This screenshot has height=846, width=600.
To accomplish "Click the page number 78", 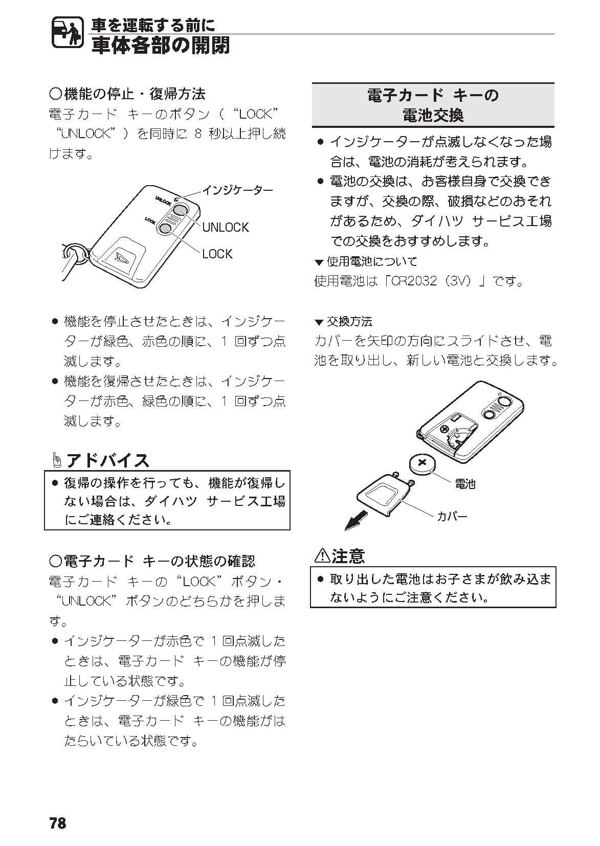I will coord(58,823).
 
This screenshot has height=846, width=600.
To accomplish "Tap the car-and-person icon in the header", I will coord(67,34).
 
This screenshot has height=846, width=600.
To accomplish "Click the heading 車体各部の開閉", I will coord(160,46).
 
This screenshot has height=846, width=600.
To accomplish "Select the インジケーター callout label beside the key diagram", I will coord(237,190).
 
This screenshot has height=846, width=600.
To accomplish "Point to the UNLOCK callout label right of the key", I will coord(225,227).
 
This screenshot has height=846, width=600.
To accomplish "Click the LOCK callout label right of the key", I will coord(217,254).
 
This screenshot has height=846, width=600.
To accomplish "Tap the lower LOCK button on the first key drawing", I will coord(165,229).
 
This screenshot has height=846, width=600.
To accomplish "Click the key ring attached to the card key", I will coord(75,252).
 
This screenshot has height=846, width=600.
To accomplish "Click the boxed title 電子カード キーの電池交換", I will coord(433,105).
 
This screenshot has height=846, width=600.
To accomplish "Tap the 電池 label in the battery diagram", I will coord(464,483).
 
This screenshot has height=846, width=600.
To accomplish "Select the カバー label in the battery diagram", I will coord(452,516).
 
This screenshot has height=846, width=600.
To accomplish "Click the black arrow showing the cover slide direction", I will coord(356,521).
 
